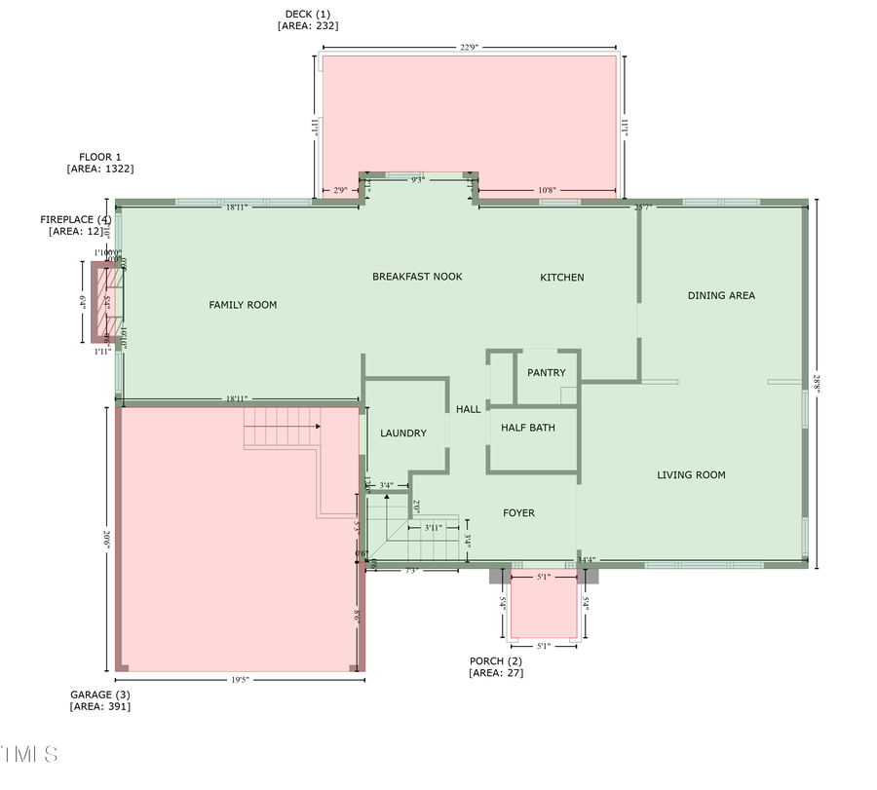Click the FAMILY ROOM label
click(243, 305)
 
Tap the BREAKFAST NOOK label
click(417, 277)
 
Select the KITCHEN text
click(562, 278)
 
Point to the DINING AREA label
click(721, 295)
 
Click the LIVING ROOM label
click(691, 475)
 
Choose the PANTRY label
click(546, 373)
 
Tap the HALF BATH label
click(527, 428)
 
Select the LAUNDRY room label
click(403, 433)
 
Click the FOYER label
click(518, 513)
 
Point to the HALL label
click(469, 410)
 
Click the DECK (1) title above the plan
click(307, 15)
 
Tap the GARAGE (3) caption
click(99, 695)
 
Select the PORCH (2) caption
click(496, 661)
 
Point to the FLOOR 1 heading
click(100, 157)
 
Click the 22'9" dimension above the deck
click(469, 47)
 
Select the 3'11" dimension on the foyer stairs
click(433, 528)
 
